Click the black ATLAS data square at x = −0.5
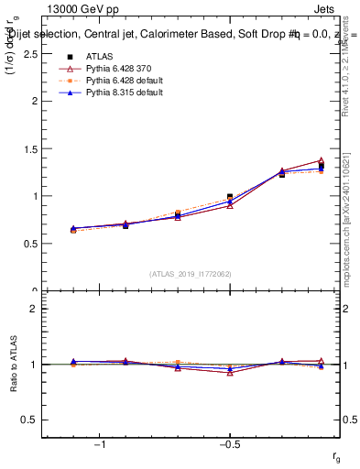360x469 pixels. [230, 197]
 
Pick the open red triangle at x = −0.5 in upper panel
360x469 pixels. [230, 205]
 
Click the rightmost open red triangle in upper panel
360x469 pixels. [321, 160]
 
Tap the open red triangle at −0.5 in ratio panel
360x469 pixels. [230, 373]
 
